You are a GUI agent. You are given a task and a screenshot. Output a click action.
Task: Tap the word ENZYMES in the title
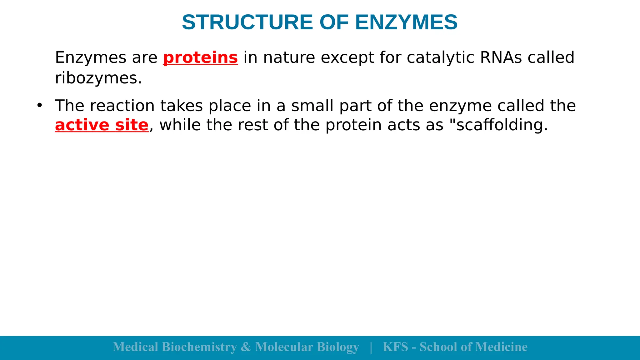click(406, 22)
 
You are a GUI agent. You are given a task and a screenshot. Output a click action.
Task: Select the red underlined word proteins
click(200, 58)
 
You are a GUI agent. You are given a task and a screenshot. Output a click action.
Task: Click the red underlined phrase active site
click(102, 125)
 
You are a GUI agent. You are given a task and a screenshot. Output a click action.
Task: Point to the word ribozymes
click(98, 78)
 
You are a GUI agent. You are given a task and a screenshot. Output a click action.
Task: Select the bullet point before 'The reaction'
click(39, 105)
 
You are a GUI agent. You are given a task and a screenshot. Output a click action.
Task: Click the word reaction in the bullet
click(122, 106)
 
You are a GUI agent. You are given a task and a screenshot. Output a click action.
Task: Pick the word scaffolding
click(502, 125)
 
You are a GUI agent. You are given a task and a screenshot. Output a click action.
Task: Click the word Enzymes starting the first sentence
click(90, 58)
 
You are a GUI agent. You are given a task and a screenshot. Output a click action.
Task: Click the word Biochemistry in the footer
click(199, 347)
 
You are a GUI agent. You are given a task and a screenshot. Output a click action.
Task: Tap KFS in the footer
click(395, 347)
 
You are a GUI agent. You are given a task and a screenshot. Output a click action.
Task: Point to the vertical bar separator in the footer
click(371, 347)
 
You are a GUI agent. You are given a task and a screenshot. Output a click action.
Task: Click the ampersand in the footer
click(246, 347)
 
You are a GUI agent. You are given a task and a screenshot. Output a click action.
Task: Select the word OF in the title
click(334, 22)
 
